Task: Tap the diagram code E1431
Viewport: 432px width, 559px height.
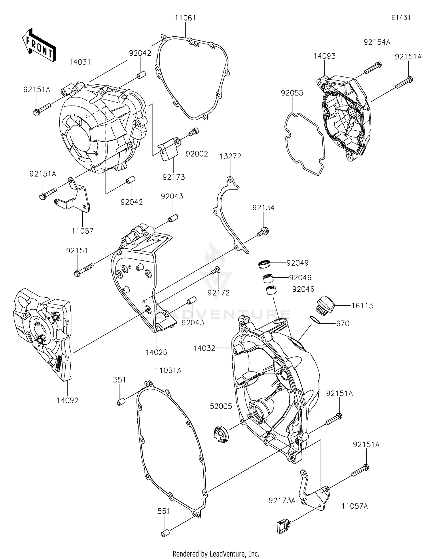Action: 401,18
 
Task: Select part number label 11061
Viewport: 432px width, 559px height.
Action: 185,18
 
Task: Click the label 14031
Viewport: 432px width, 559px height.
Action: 80,62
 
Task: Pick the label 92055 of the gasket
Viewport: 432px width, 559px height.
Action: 292,93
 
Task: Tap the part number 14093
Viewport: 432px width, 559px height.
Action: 325,56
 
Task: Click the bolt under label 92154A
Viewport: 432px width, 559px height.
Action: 373,67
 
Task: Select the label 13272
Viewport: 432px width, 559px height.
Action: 230,156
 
